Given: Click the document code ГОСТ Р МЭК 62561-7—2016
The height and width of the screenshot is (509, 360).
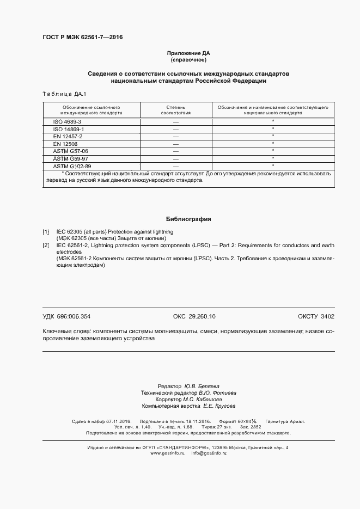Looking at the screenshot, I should (x=83, y=38).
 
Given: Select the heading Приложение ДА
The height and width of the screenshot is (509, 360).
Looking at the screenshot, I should (x=188, y=53).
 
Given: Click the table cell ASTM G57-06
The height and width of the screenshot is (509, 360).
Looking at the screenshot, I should (x=70, y=151).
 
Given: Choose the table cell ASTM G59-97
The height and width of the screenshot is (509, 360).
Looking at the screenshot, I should (x=70, y=158).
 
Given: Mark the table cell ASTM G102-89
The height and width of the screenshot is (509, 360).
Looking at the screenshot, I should (x=72, y=165).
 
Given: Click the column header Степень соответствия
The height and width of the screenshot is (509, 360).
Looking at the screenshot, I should (x=175, y=110).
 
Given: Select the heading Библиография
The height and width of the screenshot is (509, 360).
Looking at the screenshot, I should (x=188, y=219).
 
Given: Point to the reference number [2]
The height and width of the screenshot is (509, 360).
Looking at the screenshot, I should (x=46, y=246).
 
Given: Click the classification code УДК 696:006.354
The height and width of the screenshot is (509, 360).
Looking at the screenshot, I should (x=66, y=316).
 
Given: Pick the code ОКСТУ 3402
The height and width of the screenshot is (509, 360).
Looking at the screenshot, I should (x=316, y=316).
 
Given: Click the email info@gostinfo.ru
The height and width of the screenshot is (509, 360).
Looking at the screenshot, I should (x=209, y=453).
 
